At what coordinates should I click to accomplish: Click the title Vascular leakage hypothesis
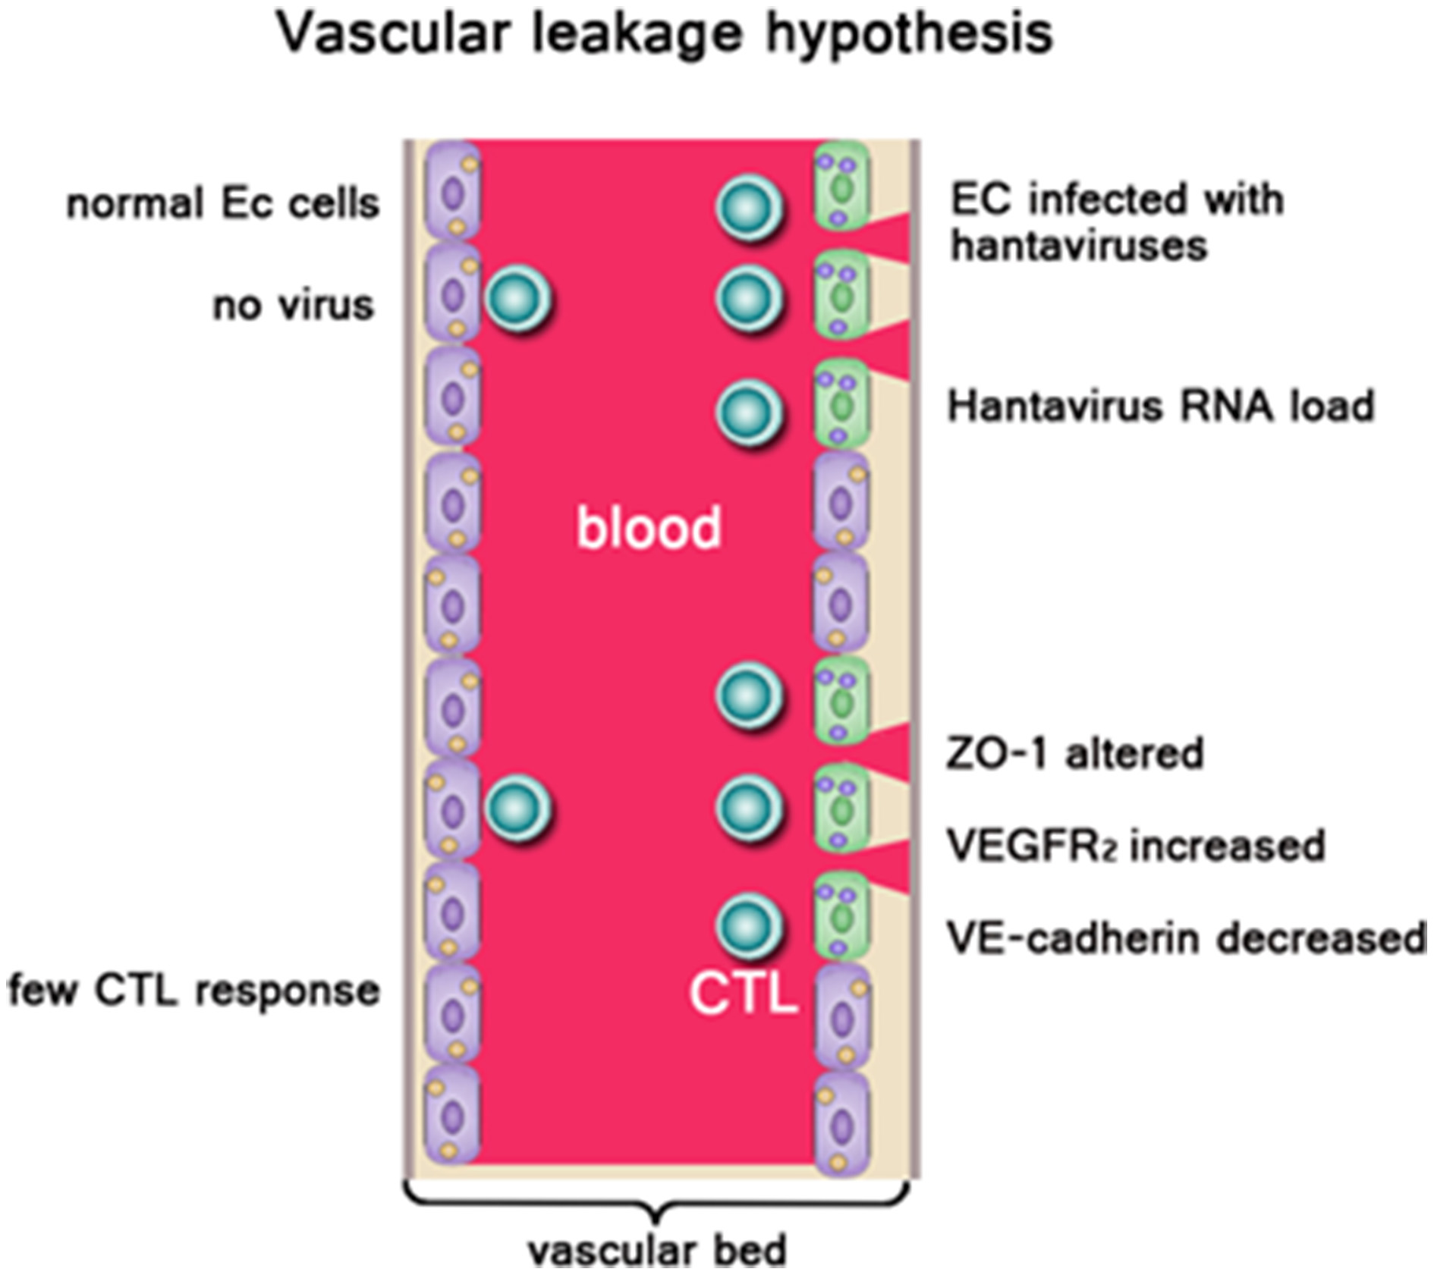(x=665, y=33)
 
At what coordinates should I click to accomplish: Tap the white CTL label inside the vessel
(x=744, y=994)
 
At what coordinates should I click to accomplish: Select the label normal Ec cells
(x=223, y=204)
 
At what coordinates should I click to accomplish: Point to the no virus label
(x=294, y=306)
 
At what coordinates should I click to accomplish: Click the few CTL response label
(x=194, y=991)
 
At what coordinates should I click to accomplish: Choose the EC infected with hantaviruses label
(x=1117, y=222)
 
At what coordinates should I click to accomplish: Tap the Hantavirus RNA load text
(x=1161, y=406)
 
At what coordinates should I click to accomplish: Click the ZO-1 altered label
(x=1074, y=753)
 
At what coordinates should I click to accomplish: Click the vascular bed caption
(x=657, y=1250)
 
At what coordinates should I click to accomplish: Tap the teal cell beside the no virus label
(x=519, y=300)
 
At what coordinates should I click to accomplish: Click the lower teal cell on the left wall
(x=519, y=809)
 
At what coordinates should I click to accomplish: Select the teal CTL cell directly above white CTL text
(x=749, y=926)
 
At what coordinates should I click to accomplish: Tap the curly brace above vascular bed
(x=657, y=1202)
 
